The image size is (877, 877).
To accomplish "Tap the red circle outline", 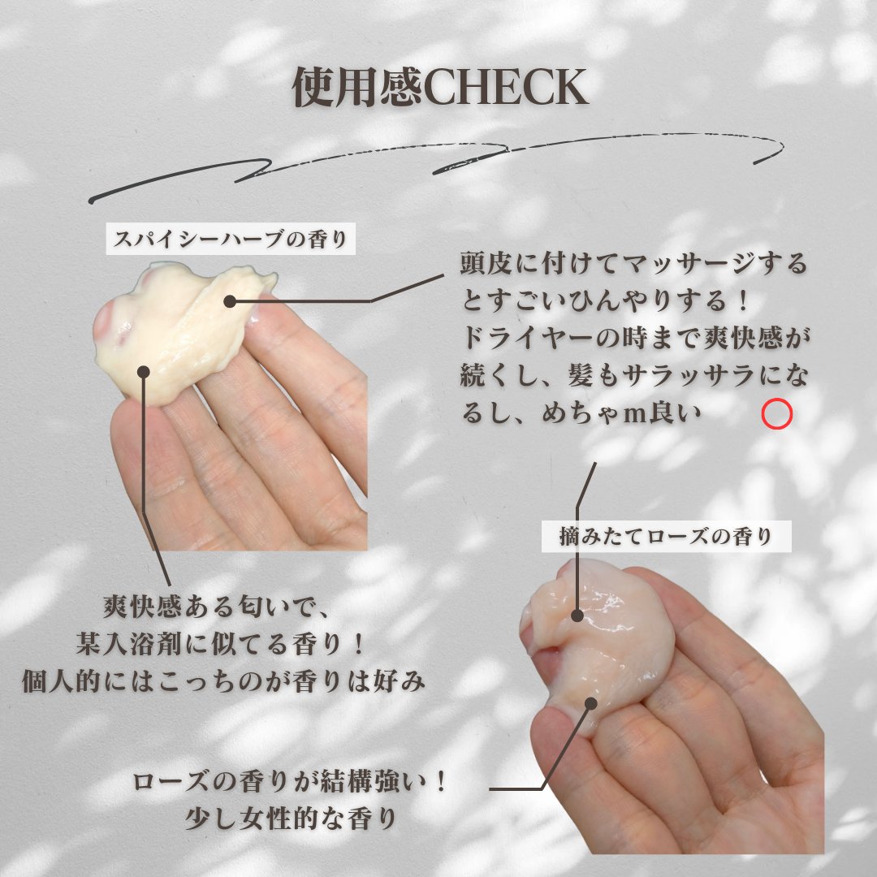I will (x=777, y=415).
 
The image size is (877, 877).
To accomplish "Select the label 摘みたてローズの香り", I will (x=666, y=537).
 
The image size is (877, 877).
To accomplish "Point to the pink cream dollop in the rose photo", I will (x=601, y=642).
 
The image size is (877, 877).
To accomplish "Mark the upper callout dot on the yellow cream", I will (x=230, y=301).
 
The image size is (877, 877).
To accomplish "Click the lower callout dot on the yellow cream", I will (x=144, y=372).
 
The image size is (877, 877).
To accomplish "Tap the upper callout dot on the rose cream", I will (x=577, y=616).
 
